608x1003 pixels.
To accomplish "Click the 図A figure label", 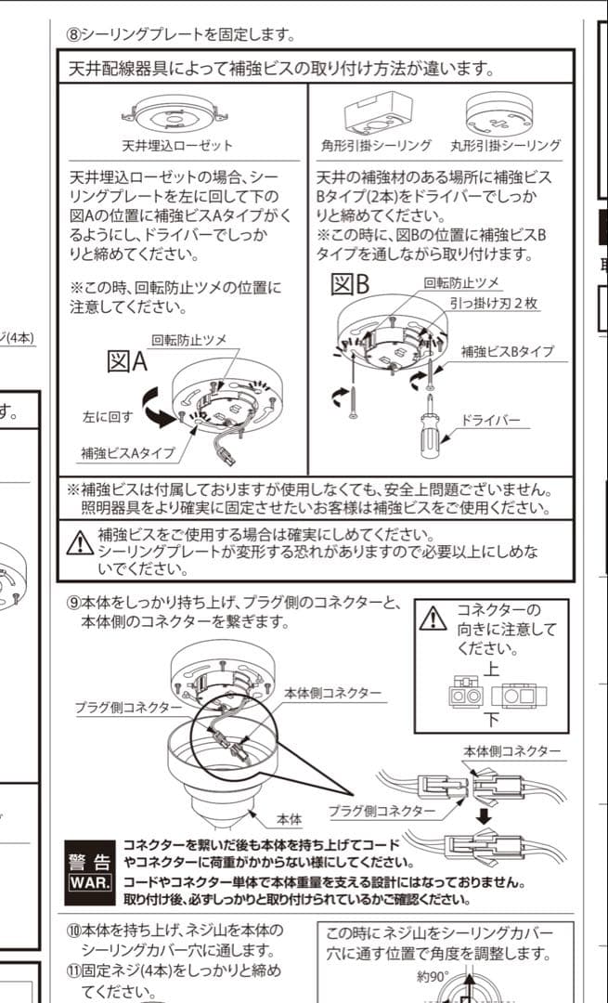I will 127,361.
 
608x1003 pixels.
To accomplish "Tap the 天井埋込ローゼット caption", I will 177,146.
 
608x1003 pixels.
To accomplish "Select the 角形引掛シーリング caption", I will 376,146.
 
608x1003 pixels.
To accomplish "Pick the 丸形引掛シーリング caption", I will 511,146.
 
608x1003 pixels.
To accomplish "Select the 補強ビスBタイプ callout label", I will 508,352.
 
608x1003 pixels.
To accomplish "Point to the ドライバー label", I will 493,421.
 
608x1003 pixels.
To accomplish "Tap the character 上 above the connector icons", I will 491,670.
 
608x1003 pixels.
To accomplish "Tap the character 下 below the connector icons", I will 491,719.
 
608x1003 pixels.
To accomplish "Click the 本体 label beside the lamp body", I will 290,820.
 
